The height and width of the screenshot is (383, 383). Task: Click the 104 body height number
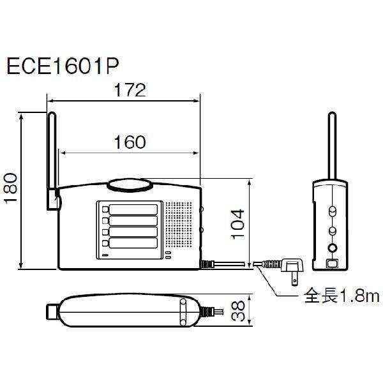pos(236,223)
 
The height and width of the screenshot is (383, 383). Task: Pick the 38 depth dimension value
pos(237,311)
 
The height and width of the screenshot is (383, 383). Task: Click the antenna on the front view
pos(51,160)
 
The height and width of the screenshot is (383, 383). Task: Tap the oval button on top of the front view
pos(131,185)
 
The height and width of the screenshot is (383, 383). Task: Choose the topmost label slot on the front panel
pos(133,209)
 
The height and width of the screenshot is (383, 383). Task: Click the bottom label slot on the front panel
pos(133,243)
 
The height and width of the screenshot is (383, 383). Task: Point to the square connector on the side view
pos(331,263)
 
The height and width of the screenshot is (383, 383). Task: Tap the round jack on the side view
pos(331,248)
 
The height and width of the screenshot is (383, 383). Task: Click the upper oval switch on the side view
pos(331,211)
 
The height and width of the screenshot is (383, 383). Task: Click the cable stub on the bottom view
pos(209,311)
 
